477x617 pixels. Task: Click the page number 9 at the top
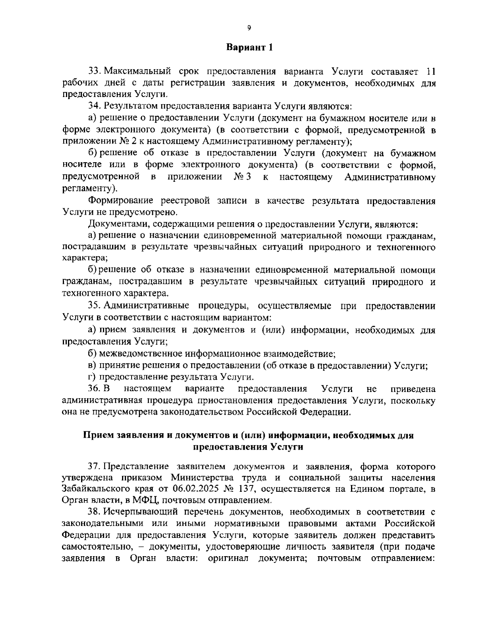tap(249, 27)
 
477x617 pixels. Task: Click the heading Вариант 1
tap(249, 48)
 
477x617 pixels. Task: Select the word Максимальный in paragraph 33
tap(134, 72)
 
